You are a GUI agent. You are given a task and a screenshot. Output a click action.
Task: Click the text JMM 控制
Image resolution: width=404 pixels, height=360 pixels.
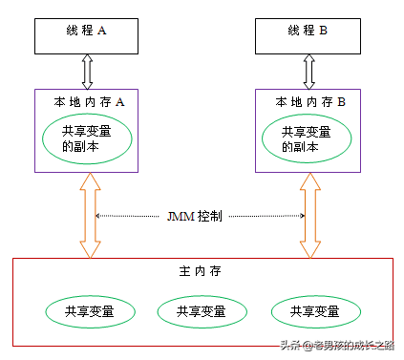click(x=195, y=216)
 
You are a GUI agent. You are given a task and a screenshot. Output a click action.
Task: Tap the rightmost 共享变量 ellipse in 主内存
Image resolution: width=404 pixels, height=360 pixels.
click(x=315, y=311)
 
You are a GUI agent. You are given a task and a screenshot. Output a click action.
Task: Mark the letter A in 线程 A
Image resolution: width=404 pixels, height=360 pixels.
click(x=102, y=31)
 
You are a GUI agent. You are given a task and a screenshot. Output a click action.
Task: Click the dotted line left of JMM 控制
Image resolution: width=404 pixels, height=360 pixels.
click(x=130, y=216)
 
